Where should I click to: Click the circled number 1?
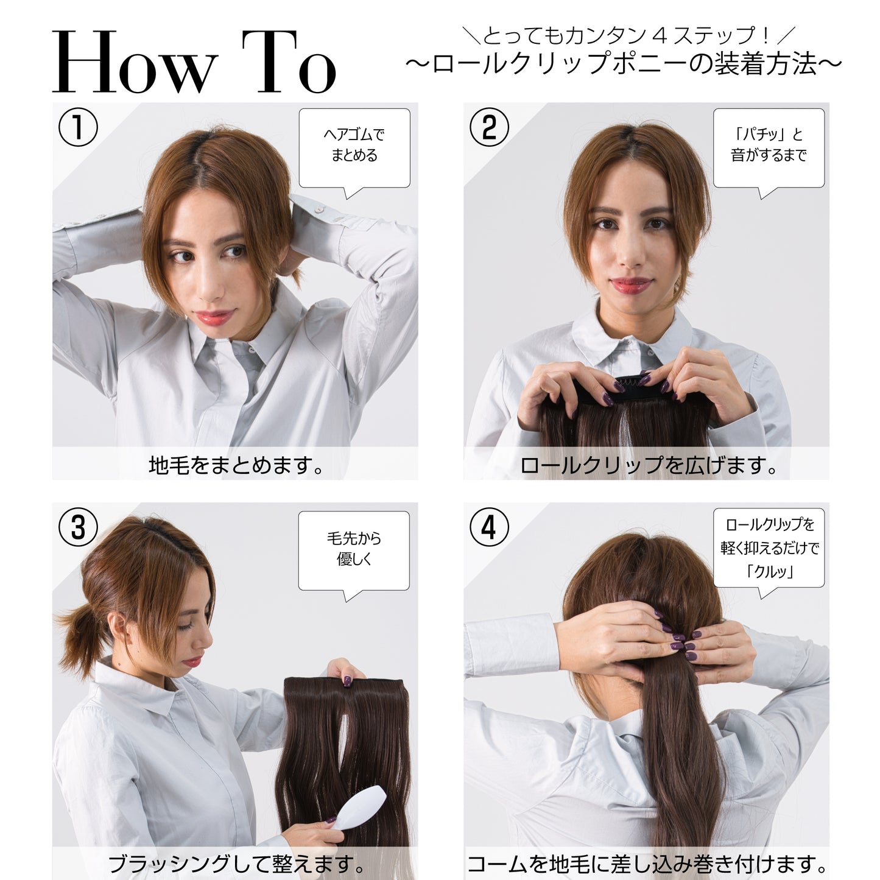tap(78, 127)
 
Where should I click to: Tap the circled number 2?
tap(489, 127)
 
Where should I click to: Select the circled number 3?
tap(78, 527)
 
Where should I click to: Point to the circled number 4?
tap(488, 527)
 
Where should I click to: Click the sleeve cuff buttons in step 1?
tap(328, 213)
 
